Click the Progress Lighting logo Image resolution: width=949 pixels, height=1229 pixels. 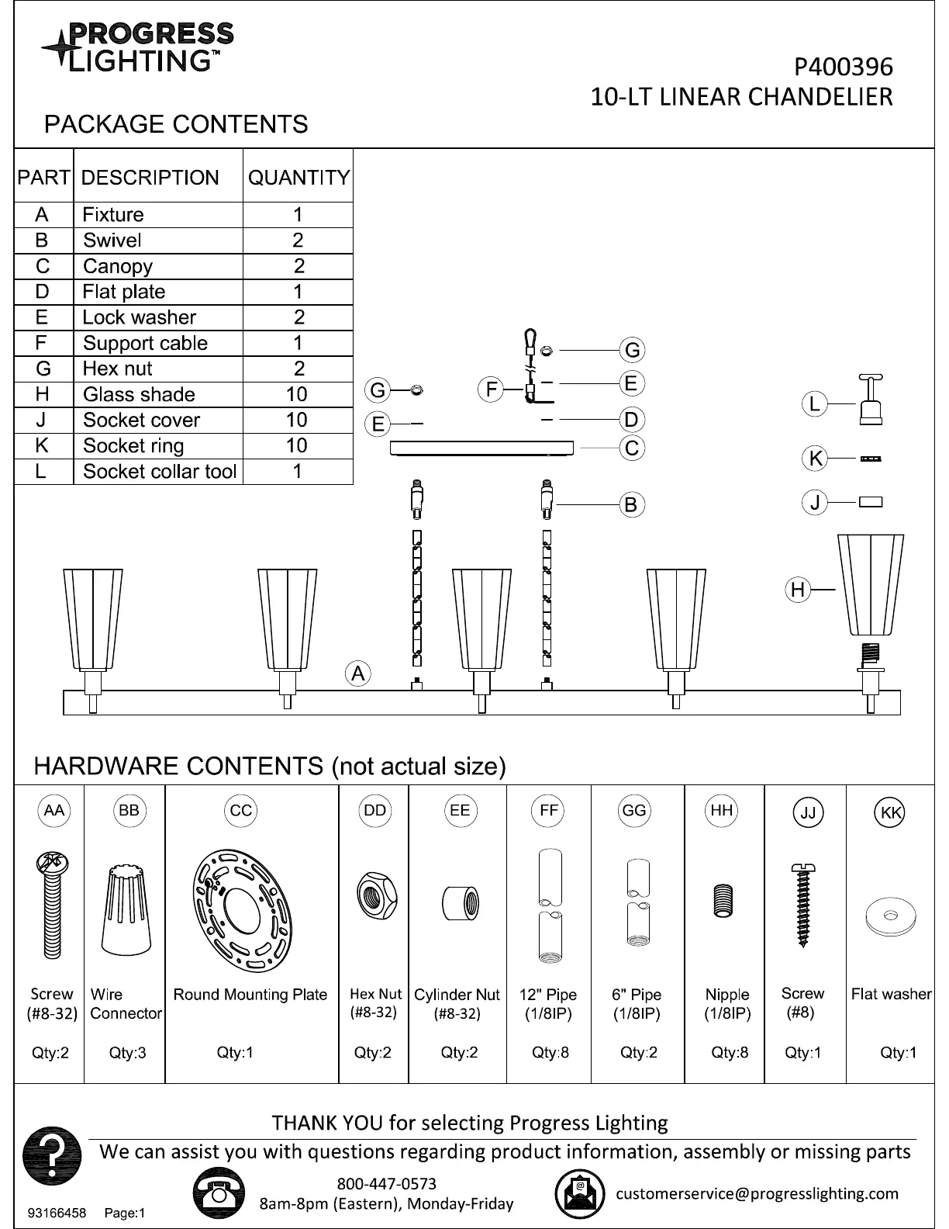[137, 47]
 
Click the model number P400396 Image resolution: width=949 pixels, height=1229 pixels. [843, 68]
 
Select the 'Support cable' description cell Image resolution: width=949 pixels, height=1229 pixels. [145, 343]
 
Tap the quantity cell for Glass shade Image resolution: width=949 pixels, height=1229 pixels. [297, 394]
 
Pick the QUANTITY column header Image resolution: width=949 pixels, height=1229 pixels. [299, 178]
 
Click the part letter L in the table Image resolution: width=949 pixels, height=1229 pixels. [42, 471]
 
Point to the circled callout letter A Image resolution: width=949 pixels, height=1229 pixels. [357, 673]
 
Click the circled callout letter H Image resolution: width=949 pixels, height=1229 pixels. [798, 590]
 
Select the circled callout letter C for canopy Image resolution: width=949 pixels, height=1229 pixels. [632, 448]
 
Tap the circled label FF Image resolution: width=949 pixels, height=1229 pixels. [548, 811]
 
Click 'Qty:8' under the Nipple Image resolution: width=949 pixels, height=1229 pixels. [730, 1053]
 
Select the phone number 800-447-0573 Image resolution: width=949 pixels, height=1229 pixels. [386, 1184]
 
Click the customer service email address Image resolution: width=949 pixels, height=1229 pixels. [757, 1193]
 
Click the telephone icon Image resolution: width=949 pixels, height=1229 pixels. [218, 1193]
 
